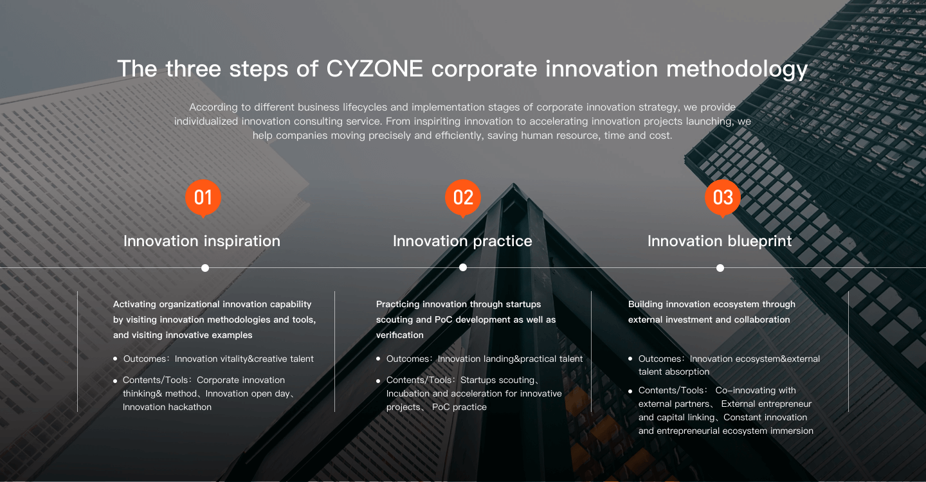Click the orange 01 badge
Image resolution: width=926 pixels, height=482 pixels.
coord(203,198)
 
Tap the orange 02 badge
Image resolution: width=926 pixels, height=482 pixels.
coord(463,198)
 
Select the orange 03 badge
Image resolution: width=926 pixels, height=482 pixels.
coord(723,198)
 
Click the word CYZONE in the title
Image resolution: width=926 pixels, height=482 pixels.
coord(374,69)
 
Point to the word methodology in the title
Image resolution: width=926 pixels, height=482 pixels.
coord(737,69)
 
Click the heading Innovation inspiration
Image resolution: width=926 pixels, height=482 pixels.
coord(202,241)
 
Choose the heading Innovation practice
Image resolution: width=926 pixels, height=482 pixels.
coord(462,241)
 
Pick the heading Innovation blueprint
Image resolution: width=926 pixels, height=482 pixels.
coord(720,241)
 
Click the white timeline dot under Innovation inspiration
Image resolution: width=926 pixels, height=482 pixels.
coord(205,268)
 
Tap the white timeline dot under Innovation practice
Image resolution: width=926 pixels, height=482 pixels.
coord(463,267)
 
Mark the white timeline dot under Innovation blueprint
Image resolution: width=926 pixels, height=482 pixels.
coord(720,268)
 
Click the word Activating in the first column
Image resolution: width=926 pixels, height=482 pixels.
coord(135,305)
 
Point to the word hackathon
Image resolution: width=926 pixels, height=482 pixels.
coord(190,407)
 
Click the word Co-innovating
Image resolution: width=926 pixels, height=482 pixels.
coord(756,391)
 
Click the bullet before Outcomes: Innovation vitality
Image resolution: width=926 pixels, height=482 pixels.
coord(115,359)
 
